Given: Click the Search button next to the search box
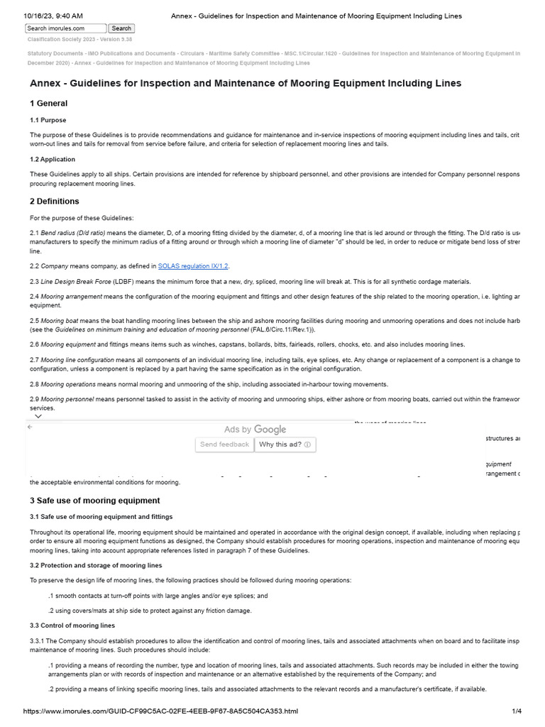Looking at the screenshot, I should point(121,28).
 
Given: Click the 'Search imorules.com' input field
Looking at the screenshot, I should point(65,28).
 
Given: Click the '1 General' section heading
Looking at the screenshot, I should point(48,104).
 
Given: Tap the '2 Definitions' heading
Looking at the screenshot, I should point(54,202).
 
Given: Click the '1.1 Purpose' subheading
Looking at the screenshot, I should point(48,120).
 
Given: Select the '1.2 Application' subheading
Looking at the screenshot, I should point(53,159).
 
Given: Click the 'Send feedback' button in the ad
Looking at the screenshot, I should point(224,444).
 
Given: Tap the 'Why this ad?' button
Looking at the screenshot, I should point(285,444).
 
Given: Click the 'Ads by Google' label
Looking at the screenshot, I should point(255,430).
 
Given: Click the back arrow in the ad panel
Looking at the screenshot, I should point(29,427).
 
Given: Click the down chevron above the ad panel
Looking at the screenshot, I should point(38,417).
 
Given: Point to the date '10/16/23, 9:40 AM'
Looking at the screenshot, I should point(53,16).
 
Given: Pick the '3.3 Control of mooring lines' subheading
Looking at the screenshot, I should point(72,625).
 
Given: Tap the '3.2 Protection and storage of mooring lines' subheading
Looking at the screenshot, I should point(96,565).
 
